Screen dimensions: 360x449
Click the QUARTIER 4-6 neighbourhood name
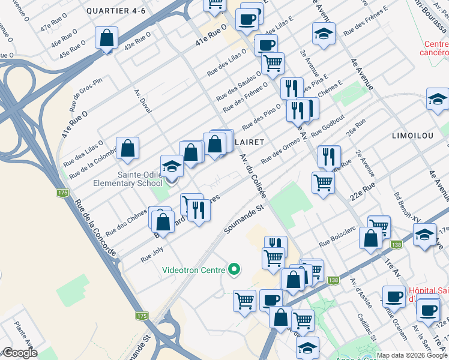point(116,11)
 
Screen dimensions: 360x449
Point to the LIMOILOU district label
point(412,136)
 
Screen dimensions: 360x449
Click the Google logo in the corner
point(20,353)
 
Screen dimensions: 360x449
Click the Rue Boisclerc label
point(336,240)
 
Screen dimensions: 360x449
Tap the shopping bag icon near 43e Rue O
point(106,39)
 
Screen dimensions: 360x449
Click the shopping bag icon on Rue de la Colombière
point(127,148)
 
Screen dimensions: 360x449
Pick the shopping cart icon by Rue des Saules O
point(273,62)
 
